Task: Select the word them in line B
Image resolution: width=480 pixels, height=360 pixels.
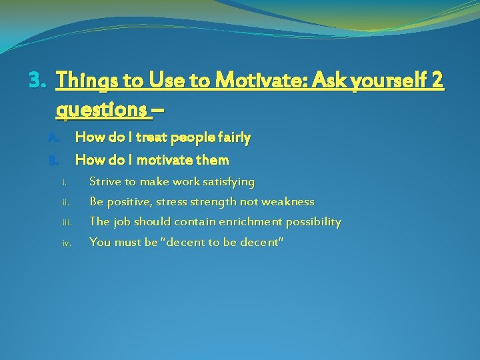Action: [x=213, y=160]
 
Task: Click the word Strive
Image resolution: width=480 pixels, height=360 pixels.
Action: [x=105, y=181]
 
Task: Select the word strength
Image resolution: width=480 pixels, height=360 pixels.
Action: [x=213, y=201]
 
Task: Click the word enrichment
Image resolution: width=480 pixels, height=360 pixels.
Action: [x=249, y=221]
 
